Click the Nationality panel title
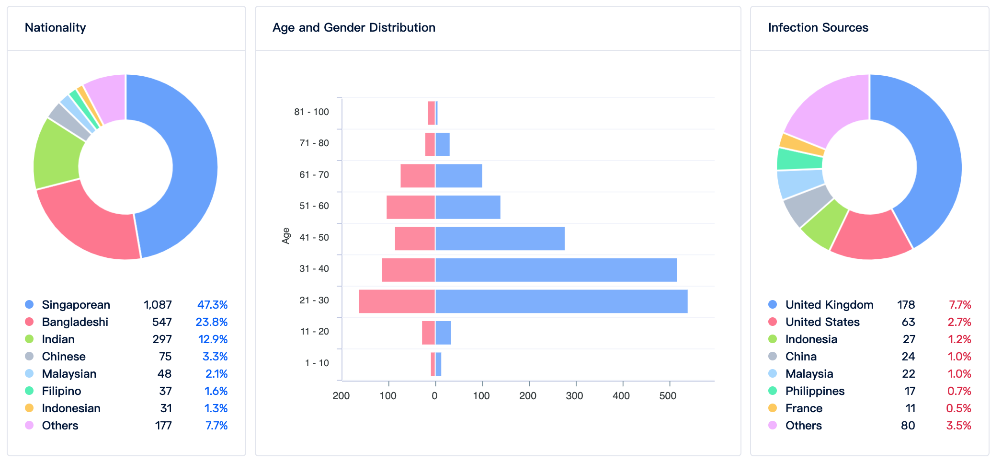[x=56, y=28]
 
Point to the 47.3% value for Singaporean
[x=212, y=305]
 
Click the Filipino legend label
[x=61, y=391]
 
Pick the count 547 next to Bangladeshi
[x=162, y=322]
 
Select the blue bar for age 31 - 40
[x=556, y=270]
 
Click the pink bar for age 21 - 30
[x=397, y=301]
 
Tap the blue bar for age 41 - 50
[x=500, y=239]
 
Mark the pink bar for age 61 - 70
[x=417, y=176]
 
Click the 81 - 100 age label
[x=311, y=112]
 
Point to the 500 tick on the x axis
[x=668, y=396]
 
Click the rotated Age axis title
[x=286, y=236]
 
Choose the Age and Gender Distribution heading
[x=353, y=28]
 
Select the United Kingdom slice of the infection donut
[x=934, y=153]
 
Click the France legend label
[x=804, y=408]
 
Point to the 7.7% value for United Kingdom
[x=959, y=305]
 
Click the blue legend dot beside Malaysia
[x=773, y=374]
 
